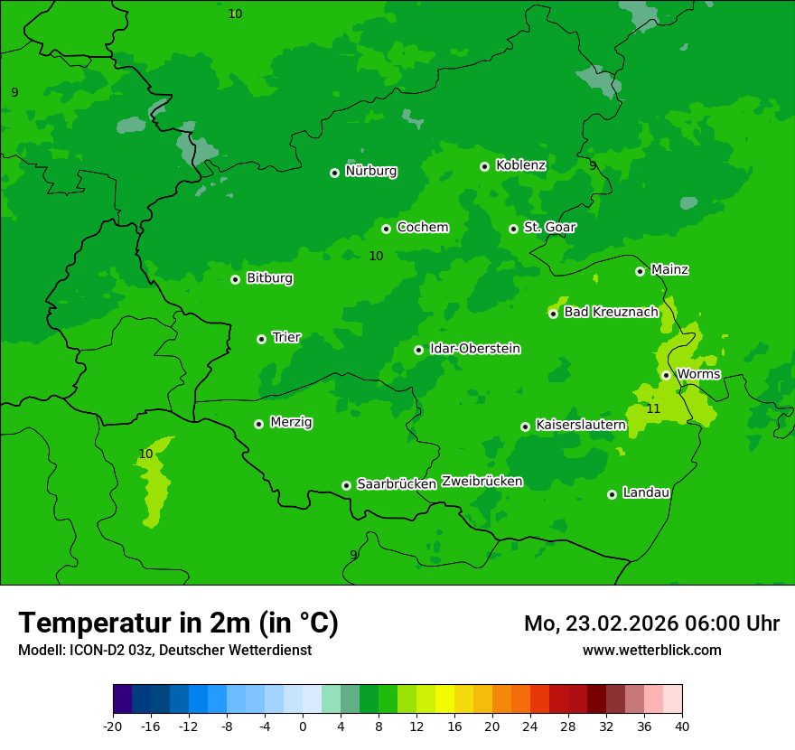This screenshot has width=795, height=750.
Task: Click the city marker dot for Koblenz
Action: (485, 166)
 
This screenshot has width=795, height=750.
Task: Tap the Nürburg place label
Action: (371, 171)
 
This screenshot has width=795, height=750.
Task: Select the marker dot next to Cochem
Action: (386, 229)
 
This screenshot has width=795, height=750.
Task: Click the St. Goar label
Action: (549, 228)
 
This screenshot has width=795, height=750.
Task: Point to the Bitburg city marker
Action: (235, 279)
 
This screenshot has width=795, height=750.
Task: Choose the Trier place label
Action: (286, 338)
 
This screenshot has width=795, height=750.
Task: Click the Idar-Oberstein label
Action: (475, 349)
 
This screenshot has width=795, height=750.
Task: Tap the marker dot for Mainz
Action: (640, 271)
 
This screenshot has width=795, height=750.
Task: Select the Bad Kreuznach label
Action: (611, 312)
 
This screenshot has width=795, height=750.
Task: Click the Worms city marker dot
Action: (666, 375)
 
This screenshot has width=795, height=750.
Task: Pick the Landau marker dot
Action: (612, 494)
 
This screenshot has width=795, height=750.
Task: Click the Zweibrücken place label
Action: (482, 482)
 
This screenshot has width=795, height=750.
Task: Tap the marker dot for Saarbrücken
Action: (346, 485)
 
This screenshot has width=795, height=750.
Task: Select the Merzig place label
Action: (292, 423)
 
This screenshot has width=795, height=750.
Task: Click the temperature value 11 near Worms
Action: (653, 409)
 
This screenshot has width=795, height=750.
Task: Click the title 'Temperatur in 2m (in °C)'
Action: (178, 623)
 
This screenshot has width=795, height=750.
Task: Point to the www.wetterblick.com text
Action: (651, 650)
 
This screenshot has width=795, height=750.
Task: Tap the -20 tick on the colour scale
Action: (113, 727)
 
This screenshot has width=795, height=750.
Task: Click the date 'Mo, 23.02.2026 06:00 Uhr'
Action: (651, 623)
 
